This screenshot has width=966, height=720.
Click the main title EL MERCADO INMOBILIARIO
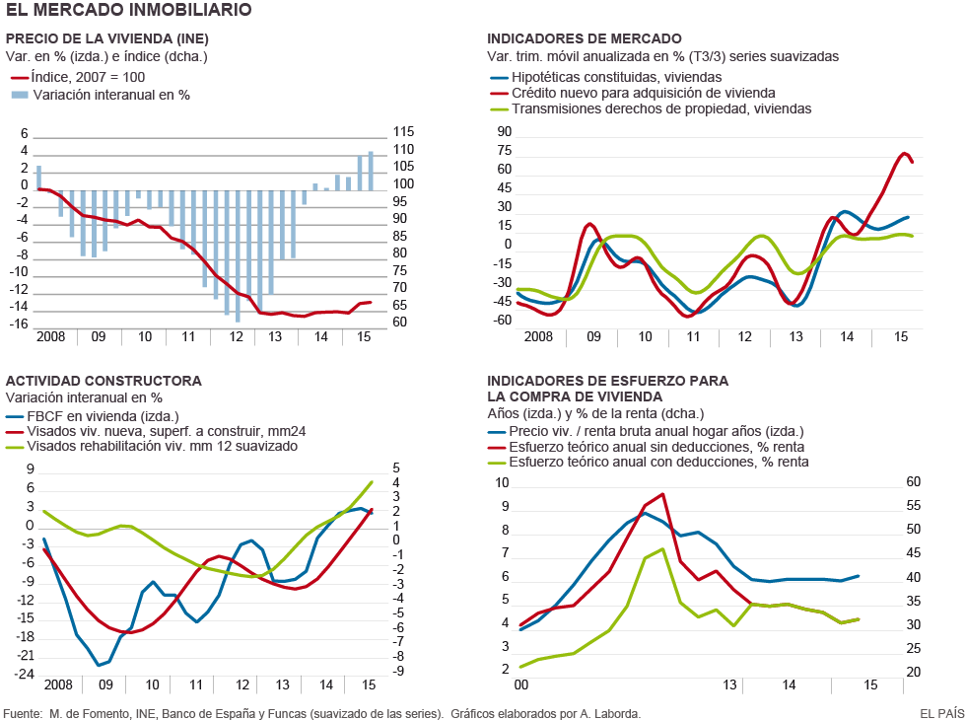pyautogui.click(x=129, y=10)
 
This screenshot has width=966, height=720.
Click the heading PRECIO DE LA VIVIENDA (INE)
pyautogui.click(x=107, y=38)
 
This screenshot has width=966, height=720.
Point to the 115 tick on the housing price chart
pyautogui.click(x=403, y=132)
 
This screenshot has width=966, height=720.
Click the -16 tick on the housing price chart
pyautogui.click(x=21, y=324)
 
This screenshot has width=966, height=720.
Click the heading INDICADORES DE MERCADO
pyautogui.click(x=584, y=38)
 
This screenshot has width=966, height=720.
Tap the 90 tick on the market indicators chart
pyautogui.click(x=504, y=132)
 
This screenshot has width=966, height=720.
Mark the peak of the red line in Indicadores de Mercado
pyautogui.click(x=905, y=153)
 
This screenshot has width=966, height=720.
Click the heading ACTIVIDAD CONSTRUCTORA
pyautogui.click(x=103, y=381)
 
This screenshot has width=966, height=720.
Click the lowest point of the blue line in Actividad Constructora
pyautogui.click(x=98, y=665)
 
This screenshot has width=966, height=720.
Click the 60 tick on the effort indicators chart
pyautogui.click(x=913, y=482)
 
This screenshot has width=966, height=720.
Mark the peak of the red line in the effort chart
pyautogui.click(x=662, y=494)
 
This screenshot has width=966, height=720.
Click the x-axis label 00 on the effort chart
pyautogui.click(x=521, y=684)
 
